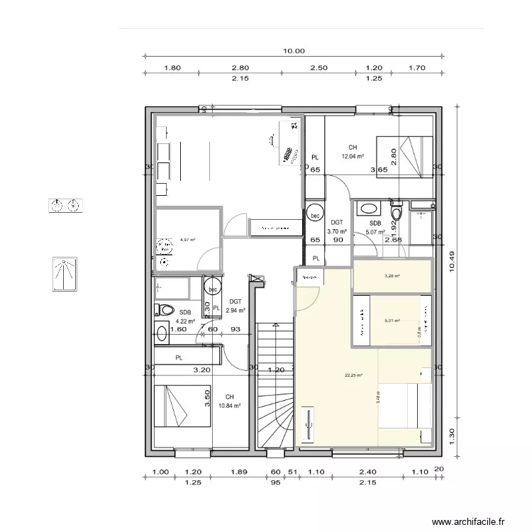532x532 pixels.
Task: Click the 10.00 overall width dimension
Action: [x=294, y=51]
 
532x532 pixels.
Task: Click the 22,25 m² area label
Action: [x=353, y=375]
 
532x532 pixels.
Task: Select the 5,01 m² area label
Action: [x=392, y=321]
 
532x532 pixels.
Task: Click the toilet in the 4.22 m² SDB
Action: [x=165, y=310]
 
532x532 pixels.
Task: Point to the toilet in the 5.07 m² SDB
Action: [x=397, y=212]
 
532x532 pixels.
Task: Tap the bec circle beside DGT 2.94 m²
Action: [x=212, y=289]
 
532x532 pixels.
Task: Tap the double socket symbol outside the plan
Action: [x=66, y=206]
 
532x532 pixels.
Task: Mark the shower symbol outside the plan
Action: [x=66, y=275]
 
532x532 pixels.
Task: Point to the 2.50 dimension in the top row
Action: [x=319, y=69]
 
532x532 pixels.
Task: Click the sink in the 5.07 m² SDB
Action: [x=368, y=209]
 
